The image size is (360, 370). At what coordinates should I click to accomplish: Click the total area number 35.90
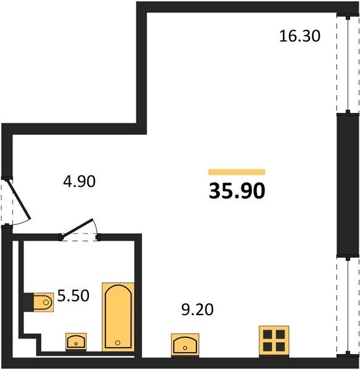[237, 191]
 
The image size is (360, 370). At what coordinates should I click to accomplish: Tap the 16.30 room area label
[299, 36]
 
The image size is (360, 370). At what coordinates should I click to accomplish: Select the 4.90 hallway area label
[80, 181]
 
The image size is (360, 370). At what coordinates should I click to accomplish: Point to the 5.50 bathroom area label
[73, 295]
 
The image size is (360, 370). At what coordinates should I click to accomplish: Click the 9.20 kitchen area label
[198, 310]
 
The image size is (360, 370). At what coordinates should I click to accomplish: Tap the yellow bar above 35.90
[237, 172]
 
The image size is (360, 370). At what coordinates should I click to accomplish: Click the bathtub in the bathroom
[118, 317]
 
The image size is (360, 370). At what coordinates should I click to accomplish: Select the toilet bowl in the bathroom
[44, 302]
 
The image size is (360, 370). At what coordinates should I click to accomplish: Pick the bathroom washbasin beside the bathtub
[76, 342]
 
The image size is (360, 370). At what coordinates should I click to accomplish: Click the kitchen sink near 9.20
[185, 345]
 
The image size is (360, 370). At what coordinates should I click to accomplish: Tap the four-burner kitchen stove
[274, 341]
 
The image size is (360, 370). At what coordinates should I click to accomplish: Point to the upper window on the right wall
[348, 64]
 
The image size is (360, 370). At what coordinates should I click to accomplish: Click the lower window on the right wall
[348, 306]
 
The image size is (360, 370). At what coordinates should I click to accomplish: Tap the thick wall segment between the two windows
[348, 185]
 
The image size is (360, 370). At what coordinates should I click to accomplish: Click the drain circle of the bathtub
[118, 343]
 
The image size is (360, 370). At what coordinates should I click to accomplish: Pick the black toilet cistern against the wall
[28, 302]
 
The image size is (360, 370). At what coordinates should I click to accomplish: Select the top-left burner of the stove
[268, 334]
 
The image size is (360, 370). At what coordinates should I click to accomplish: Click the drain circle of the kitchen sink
[185, 348]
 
